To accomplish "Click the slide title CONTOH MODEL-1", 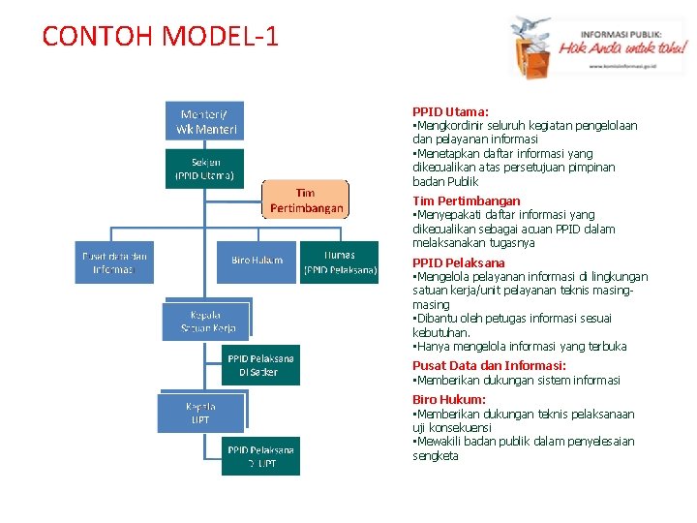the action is pos(161,37).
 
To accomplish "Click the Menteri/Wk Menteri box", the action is pos(206,121).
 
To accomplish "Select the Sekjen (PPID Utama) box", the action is pos(204,169).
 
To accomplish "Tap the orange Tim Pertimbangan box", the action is pos(306,200).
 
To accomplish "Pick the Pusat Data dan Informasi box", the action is pos(114,262).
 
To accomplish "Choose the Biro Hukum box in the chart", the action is pos(257,261).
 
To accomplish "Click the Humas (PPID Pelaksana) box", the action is pos(340,262).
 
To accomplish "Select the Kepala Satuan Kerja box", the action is pos(205,322).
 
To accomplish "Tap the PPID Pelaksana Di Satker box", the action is pos(261,365).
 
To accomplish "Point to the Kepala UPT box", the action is pos(200,414).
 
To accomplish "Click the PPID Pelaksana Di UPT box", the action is pos(261,456).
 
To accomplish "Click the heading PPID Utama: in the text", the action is pos(450,112).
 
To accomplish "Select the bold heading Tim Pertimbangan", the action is pos(466,200).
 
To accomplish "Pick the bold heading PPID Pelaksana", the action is pos(458,262).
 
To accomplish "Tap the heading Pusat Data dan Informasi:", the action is pos(489,365).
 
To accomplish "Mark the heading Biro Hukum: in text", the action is pos(449,399).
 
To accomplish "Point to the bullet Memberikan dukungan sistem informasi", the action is pos(518,380).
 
